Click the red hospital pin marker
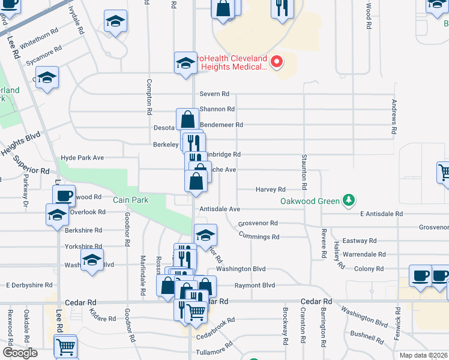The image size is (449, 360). pyautogui.click(x=277, y=61)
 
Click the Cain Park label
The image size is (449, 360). pyautogui.click(x=127, y=199)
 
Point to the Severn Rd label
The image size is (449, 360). pyautogui.click(x=215, y=94)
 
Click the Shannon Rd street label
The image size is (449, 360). pyautogui.click(x=217, y=109)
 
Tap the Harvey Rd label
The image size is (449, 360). pyautogui.click(x=270, y=190)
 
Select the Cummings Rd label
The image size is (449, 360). pyautogui.click(x=259, y=237)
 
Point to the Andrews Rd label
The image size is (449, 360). pyautogui.click(x=394, y=116)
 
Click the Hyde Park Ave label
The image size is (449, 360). pyautogui.click(x=82, y=158)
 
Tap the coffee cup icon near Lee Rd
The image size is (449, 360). pyautogui.click(x=64, y=195)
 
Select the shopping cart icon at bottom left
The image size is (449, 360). pyautogui.click(x=65, y=346)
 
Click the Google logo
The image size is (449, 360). pyautogui.click(x=19, y=352)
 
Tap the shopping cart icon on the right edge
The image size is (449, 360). pyautogui.click(x=444, y=172)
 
